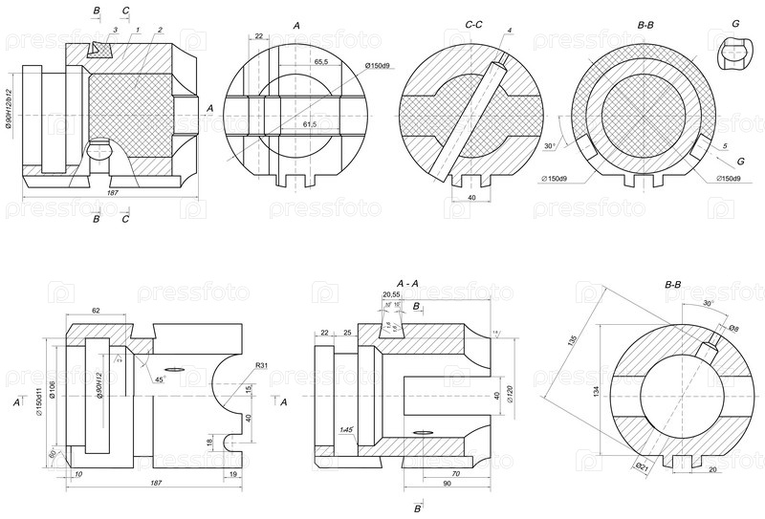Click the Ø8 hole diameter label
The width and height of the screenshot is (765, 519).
pyautogui.click(x=734, y=329)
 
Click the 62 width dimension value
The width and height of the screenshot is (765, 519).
pyautogui.click(x=97, y=311)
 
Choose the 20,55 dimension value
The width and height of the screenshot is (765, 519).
pyautogui.click(x=390, y=295)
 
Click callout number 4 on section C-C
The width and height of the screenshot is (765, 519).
pyautogui.click(x=510, y=31)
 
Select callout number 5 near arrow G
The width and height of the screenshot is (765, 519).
pyautogui.click(x=726, y=145)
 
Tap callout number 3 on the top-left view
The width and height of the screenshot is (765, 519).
pyautogui.click(x=115, y=30)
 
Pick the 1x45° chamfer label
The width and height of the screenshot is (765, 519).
pyautogui.click(x=348, y=430)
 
